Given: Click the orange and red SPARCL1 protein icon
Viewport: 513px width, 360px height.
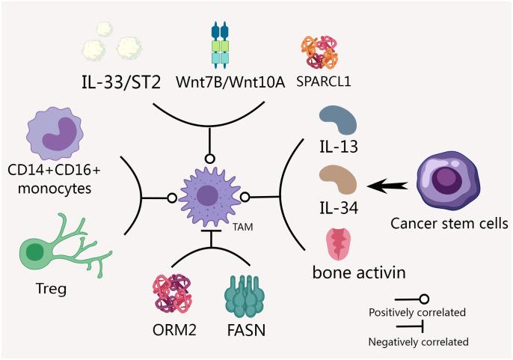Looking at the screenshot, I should click(320, 51).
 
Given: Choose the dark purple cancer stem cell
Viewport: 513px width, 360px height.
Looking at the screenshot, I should click(446, 178).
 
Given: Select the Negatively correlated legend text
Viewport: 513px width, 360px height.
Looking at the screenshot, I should click(418, 342).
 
